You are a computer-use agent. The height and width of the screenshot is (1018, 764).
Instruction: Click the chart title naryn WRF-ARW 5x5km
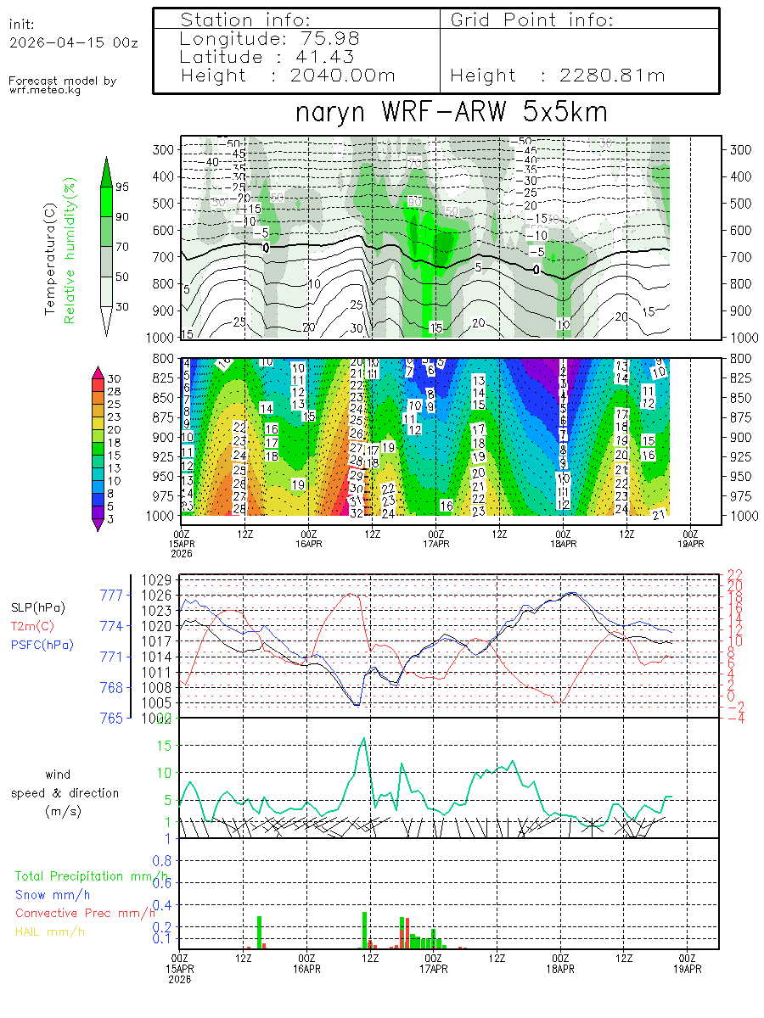(451, 113)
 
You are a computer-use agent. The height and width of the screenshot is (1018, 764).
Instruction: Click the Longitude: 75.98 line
(270, 39)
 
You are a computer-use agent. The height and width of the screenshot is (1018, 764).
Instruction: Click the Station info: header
(246, 20)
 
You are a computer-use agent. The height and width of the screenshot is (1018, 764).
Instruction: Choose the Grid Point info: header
(532, 20)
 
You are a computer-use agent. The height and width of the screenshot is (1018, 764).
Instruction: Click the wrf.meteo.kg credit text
(46, 90)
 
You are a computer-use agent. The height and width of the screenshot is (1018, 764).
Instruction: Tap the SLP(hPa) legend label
(37, 608)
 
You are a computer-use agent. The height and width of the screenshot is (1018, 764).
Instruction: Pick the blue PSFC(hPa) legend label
(42, 645)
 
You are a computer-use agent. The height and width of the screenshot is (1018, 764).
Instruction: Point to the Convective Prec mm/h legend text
(86, 913)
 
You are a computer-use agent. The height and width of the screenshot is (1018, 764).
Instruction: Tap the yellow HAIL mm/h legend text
(51, 931)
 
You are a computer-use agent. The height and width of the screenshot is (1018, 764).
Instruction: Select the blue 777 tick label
(112, 596)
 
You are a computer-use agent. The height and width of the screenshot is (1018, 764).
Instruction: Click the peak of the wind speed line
(364, 738)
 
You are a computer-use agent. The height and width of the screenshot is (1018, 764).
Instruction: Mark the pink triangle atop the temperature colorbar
(98, 371)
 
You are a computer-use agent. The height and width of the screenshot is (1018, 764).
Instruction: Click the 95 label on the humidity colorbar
(122, 187)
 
